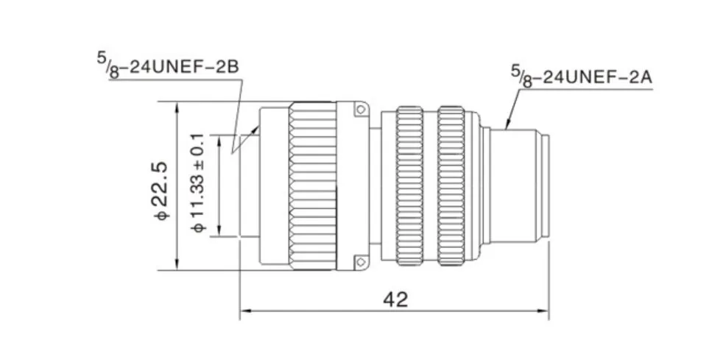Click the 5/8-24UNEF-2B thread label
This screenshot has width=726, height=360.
pyautogui.click(x=168, y=67)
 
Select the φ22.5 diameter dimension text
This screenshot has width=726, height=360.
pyautogui.click(x=162, y=191)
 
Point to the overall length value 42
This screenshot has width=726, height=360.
pyautogui.click(x=396, y=300)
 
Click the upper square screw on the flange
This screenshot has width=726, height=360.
pyautogui.click(x=360, y=110)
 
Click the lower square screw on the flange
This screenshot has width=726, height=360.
pyautogui.click(x=360, y=262)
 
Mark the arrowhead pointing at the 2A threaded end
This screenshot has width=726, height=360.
pyautogui.click(x=508, y=123)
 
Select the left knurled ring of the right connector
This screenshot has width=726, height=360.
pyautogui.click(x=409, y=186)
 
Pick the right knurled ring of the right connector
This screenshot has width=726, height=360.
pyautogui.click(x=451, y=186)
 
